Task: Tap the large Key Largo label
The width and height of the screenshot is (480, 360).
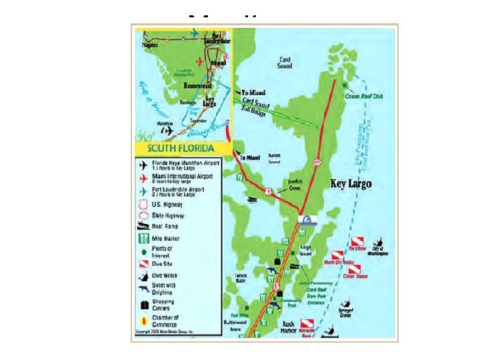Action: click(351, 183)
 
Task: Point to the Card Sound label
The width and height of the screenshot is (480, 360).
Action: click(285, 62)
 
